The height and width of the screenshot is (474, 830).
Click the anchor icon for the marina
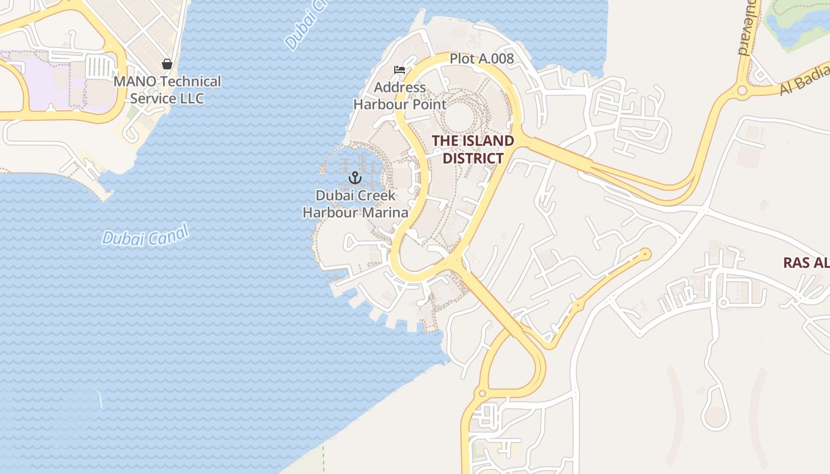coord(355,178)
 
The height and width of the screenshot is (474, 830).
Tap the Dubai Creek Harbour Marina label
coord(355,204)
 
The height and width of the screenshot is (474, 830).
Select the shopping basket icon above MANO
coord(167,64)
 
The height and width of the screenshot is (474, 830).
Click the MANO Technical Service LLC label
coord(167,89)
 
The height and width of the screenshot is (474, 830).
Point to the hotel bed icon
coord(400,70)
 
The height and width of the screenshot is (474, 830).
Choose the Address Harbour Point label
coord(400,96)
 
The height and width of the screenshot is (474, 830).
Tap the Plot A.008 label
coord(481,59)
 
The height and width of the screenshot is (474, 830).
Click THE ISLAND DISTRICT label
coord(473,149)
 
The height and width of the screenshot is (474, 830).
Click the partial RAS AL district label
coord(806,262)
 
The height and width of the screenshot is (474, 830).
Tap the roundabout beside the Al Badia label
coord(742,91)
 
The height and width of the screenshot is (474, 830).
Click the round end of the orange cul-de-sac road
coord(645,254)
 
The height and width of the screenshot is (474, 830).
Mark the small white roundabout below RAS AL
coord(722,303)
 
